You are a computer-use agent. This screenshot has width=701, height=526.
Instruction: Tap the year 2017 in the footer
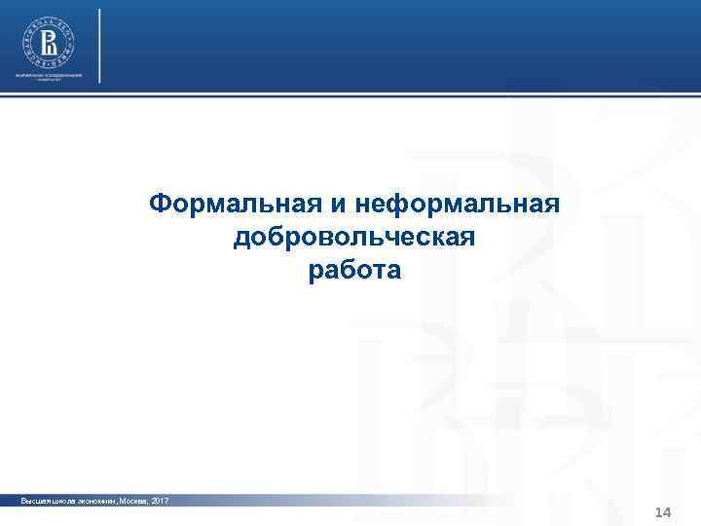click(159, 500)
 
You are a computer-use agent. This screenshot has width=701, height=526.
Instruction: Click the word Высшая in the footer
click(35, 500)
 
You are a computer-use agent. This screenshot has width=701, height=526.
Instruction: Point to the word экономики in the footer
click(93, 500)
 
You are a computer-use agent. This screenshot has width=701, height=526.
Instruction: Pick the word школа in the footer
click(61, 500)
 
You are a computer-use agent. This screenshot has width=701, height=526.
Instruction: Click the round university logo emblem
click(48, 43)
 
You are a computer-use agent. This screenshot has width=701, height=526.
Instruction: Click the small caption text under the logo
click(48, 77)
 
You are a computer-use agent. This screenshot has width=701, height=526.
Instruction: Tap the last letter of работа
click(391, 272)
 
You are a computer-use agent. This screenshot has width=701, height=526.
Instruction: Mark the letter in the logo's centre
click(48, 43)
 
